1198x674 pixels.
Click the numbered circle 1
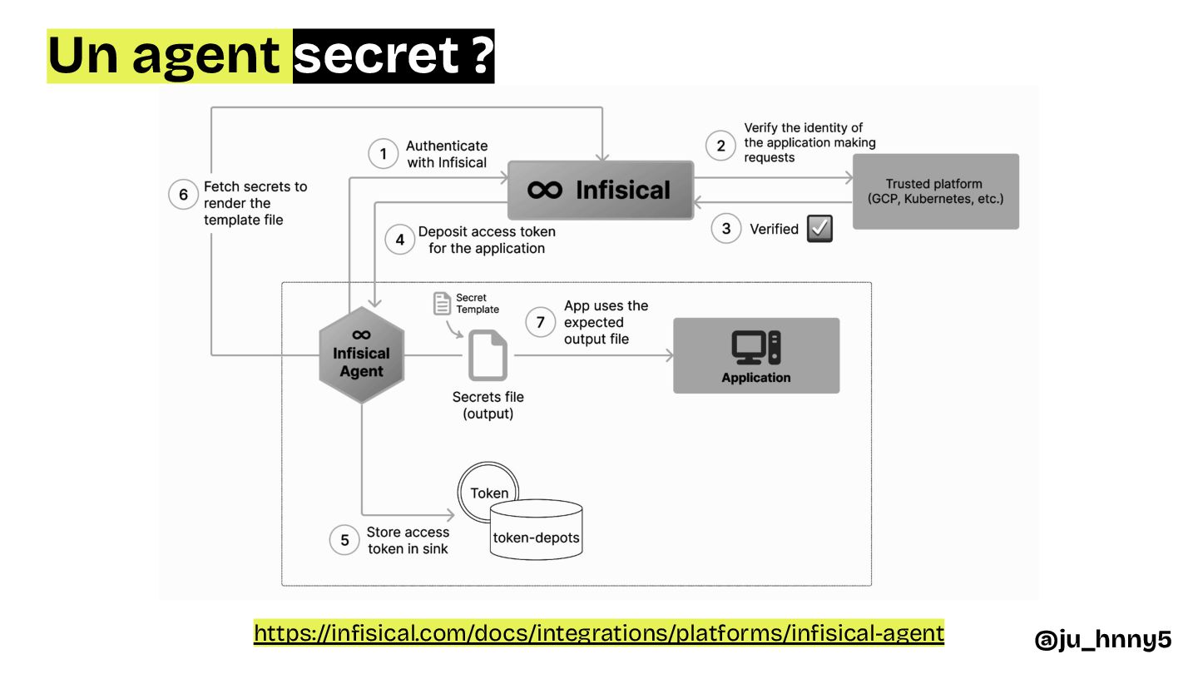pos(384,154)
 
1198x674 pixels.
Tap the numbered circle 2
pos(720,146)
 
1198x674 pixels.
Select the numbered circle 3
pos(725,229)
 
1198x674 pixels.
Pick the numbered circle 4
pos(400,240)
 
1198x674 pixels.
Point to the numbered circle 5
pos(344,540)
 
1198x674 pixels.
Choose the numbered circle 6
pos(183,195)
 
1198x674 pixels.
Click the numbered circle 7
pos(541,322)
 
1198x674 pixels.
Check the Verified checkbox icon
pos(819,229)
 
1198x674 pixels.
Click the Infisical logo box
pos(600,191)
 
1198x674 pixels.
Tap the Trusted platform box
pos(934,191)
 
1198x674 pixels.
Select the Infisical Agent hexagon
pos(361,354)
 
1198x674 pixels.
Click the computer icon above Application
pos(755,347)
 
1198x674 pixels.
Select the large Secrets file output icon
pos(488,355)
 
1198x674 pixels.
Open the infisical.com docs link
pos(599,633)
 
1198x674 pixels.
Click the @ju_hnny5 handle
pos(1102,639)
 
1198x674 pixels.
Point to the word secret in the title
pos(377,56)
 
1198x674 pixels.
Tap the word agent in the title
pos(205,56)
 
